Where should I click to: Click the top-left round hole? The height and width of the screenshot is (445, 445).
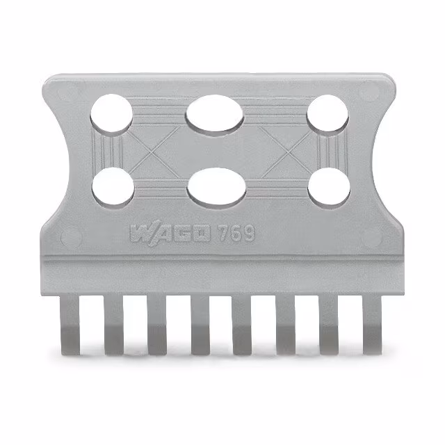click(112, 113)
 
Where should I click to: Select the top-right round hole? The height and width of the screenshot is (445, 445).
click(328, 113)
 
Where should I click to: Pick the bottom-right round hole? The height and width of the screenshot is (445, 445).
click(328, 188)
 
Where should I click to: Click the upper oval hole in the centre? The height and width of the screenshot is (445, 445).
click(216, 114)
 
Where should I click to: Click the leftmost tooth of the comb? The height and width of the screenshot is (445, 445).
click(71, 323)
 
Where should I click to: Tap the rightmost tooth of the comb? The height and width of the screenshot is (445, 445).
click(372, 323)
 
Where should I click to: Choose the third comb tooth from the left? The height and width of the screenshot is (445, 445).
click(157, 323)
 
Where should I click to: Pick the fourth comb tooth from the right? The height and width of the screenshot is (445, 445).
click(243, 323)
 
